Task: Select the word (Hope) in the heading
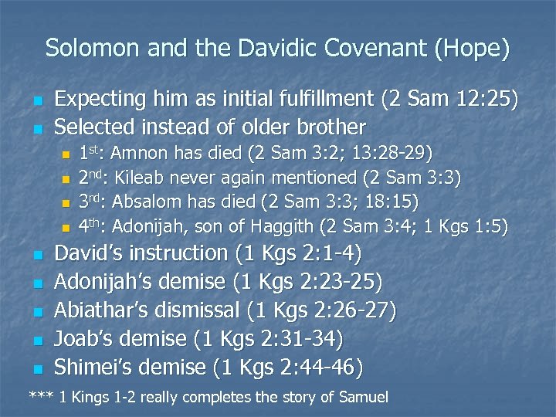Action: (x=473, y=49)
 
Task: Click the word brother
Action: (x=328, y=126)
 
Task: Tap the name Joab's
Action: (x=81, y=338)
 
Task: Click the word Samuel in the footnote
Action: (x=362, y=398)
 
